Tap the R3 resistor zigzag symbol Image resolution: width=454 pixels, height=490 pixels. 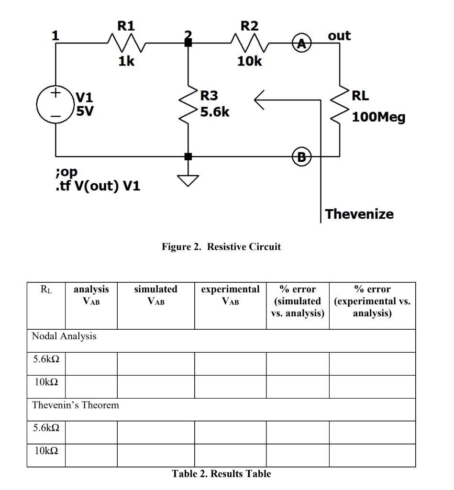188,105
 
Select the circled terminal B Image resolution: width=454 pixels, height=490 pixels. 301,156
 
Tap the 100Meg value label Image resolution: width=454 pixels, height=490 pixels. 378,116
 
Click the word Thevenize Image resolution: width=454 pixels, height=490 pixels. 360,214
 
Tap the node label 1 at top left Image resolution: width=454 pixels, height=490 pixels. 56,35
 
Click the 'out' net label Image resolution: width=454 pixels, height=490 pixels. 339,36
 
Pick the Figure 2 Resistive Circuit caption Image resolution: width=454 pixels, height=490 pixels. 227,247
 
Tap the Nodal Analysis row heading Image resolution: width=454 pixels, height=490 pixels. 64,336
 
